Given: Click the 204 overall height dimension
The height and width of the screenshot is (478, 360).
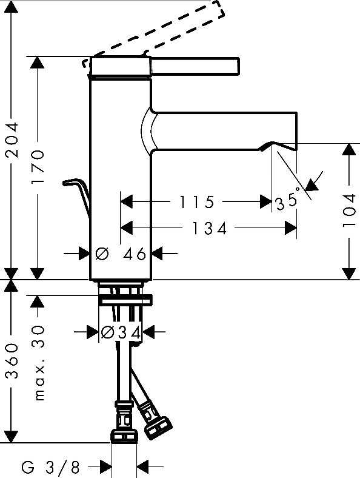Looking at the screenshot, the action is click(x=12, y=140).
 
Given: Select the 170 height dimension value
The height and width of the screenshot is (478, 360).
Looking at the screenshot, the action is click(x=38, y=167).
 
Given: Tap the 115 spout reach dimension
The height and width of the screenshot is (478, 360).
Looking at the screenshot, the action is click(x=197, y=202).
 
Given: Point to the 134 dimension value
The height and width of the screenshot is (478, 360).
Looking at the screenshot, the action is click(x=210, y=228).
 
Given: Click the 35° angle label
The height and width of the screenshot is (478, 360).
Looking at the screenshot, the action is click(x=288, y=201).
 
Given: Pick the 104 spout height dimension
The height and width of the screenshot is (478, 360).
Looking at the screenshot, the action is click(x=349, y=210).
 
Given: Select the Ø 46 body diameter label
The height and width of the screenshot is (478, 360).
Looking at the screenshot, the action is click(x=121, y=254).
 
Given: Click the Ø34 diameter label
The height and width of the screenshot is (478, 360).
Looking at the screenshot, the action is click(x=121, y=332).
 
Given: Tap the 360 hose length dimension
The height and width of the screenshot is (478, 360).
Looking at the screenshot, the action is click(x=12, y=361).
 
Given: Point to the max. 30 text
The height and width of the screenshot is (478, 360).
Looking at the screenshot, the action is click(x=39, y=363).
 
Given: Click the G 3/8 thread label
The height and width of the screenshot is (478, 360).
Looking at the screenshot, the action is click(x=50, y=466).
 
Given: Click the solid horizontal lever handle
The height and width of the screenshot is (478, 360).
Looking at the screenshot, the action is click(x=195, y=66).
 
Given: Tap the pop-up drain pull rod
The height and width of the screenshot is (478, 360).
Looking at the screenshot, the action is click(x=77, y=195).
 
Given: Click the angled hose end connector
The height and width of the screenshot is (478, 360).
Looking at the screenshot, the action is click(x=155, y=421).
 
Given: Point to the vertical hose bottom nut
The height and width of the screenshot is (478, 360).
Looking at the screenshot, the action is click(x=124, y=436).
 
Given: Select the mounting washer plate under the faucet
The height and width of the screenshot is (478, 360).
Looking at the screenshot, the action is click(x=125, y=301).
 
